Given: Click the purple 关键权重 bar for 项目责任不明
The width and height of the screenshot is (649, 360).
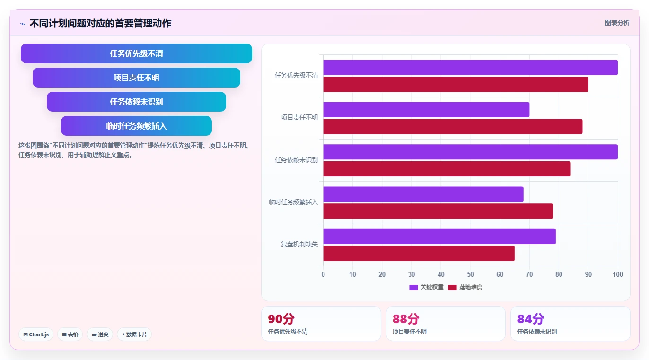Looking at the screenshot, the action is click(x=426, y=110).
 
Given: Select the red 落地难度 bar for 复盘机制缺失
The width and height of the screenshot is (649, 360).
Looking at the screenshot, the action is click(x=419, y=254).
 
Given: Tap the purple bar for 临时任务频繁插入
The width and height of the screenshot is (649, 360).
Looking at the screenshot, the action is click(x=423, y=194).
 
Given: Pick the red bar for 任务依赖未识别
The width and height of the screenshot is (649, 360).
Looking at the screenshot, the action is click(x=447, y=169).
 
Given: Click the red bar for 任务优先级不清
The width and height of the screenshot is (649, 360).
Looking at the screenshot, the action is click(x=456, y=84).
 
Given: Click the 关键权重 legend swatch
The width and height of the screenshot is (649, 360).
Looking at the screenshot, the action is click(x=413, y=287).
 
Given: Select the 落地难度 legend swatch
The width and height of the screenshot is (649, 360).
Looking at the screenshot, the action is click(x=452, y=287).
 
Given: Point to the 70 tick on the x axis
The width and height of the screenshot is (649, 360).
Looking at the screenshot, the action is click(x=529, y=274).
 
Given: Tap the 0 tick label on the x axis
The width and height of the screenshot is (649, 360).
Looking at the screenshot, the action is click(x=324, y=274).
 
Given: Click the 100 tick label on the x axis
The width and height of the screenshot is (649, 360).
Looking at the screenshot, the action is click(x=618, y=274).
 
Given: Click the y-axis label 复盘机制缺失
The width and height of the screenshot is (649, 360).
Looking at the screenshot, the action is click(x=299, y=244).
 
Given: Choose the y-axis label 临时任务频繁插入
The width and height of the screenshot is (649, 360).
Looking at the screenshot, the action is click(x=293, y=202).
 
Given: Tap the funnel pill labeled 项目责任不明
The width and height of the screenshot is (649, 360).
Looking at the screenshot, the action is click(x=136, y=78).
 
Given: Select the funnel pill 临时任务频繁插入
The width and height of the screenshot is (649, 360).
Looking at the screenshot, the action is click(x=136, y=126).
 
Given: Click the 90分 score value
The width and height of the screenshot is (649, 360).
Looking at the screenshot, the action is click(x=281, y=319).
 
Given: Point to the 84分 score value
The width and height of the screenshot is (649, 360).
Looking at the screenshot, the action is click(x=530, y=319).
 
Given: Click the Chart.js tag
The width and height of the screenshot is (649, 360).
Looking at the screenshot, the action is click(x=36, y=334).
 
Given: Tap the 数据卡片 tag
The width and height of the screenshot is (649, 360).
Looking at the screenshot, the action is click(x=134, y=334).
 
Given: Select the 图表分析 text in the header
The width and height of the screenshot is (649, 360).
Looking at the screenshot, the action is click(x=617, y=23).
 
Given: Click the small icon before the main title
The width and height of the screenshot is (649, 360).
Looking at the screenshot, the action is click(x=22, y=24).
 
